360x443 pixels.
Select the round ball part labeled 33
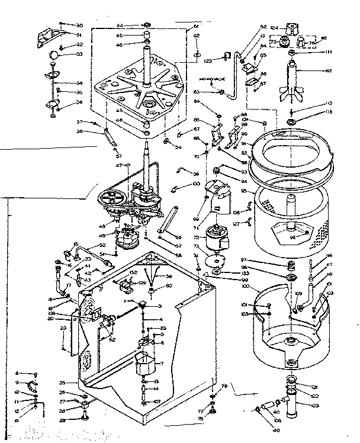click(x=54, y=56)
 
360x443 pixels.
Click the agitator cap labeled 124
click(x=292, y=27)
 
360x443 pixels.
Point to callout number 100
click(x=245, y=287)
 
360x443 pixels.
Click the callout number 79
click(x=224, y=386)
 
